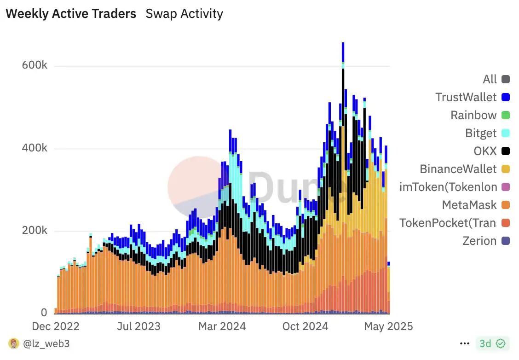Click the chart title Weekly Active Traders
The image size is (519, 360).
(71, 14)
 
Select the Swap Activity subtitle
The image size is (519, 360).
(184, 14)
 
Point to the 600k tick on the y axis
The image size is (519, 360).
(35, 66)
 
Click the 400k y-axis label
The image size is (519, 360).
(35, 149)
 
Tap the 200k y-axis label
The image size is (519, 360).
(35, 231)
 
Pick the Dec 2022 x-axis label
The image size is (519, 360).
(55, 326)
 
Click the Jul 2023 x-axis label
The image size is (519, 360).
(138, 326)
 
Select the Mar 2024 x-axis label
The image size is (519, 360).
(222, 326)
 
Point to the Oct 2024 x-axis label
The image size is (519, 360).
(305, 326)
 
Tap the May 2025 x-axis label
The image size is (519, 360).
(388, 326)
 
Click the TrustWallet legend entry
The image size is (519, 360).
(466, 97)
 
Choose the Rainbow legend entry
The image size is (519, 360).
(473, 115)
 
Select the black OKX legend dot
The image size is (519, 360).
(506, 151)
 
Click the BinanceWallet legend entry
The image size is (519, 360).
(458, 169)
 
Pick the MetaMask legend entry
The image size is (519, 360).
(469, 205)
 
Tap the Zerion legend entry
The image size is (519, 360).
(479, 241)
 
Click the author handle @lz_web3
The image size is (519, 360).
(46, 343)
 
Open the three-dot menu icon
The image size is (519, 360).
(465, 343)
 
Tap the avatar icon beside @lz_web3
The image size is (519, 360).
(14, 343)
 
